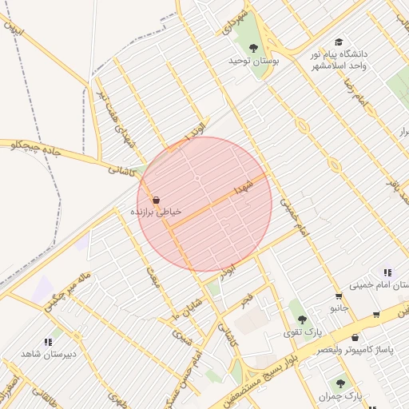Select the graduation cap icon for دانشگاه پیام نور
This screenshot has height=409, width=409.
pos(339,42)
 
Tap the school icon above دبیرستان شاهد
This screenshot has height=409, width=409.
pos(47,342)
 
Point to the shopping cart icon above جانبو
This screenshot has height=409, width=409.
pos(339,296)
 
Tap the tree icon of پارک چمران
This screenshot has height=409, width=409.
pos(341,383)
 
